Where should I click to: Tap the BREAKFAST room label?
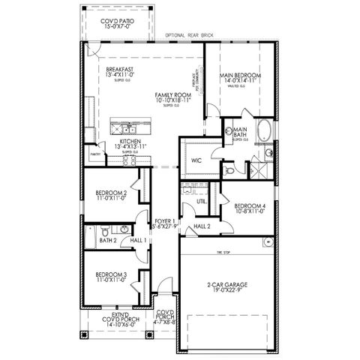[x=119, y=70]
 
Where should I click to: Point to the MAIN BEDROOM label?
[x=240, y=76]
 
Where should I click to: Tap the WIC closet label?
[x=196, y=160]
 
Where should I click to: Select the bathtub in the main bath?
[x=263, y=133]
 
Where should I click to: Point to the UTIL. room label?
[x=202, y=201]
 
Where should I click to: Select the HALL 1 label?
[x=139, y=240]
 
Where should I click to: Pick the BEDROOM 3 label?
[x=110, y=275]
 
